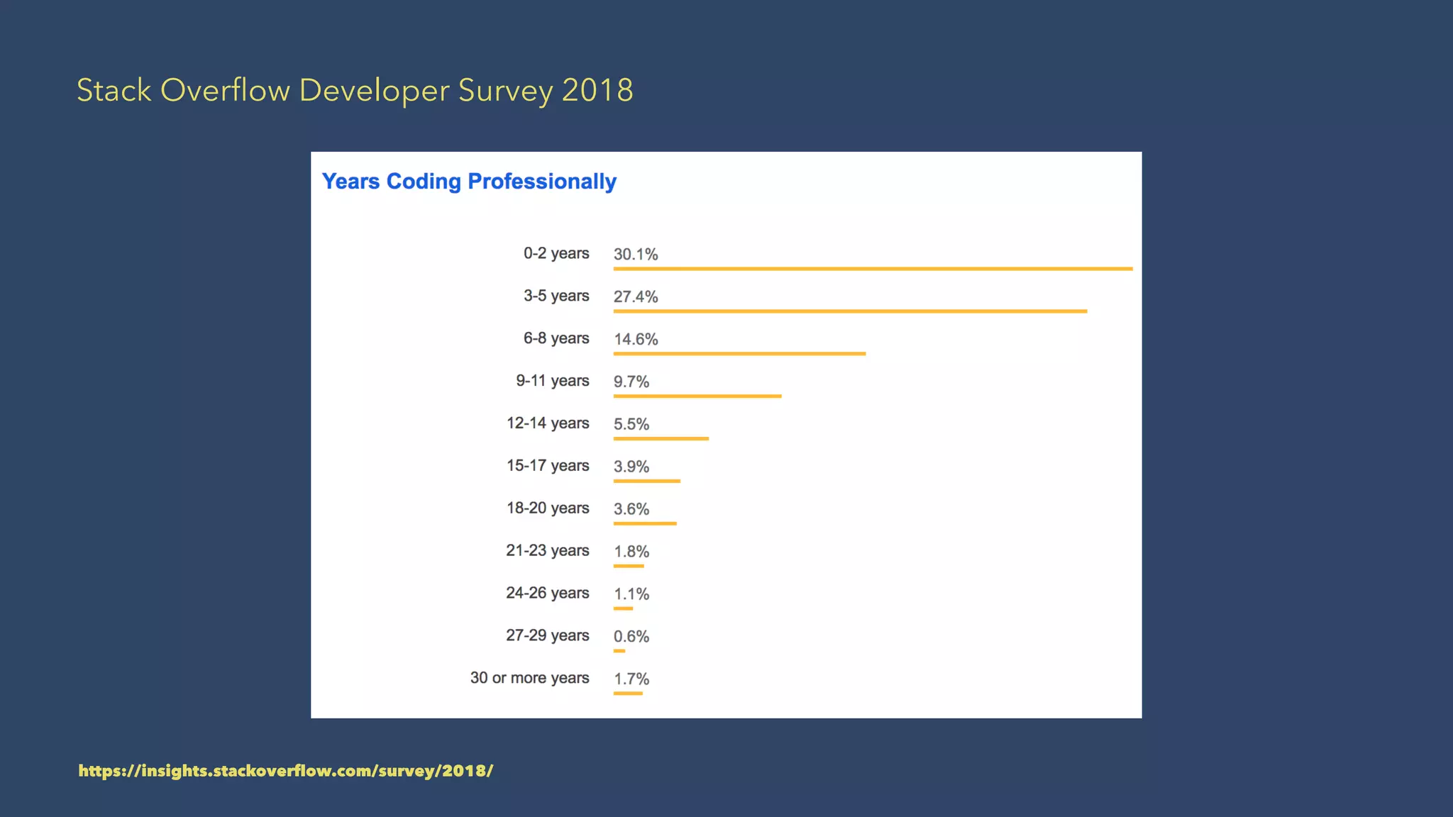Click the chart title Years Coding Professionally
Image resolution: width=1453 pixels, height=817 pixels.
(469, 182)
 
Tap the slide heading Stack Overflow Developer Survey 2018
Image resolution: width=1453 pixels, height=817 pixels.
(355, 91)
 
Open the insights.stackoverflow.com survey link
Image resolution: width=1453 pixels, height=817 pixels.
(286, 771)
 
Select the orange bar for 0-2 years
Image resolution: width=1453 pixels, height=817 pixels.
(873, 269)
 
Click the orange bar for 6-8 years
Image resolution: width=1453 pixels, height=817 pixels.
(739, 353)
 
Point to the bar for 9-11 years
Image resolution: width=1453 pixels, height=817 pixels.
(697, 396)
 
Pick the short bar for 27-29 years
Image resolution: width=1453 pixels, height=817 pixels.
(619, 650)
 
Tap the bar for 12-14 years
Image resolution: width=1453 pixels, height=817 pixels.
(661, 438)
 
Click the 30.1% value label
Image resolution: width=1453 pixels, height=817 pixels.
(636, 254)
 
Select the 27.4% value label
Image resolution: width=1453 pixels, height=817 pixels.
(636, 296)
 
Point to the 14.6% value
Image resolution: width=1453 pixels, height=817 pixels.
(636, 339)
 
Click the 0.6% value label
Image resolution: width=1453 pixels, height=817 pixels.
(631, 636)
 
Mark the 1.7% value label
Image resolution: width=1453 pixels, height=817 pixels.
(631, 679)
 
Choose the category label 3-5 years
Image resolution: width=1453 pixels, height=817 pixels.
(556, 296)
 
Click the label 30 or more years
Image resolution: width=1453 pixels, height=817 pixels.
(529, 678)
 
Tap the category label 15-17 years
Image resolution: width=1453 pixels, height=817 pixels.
(548, 465)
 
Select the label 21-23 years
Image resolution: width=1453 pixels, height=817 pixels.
(548, 550)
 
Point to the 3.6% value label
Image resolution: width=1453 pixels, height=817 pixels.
(631, 508)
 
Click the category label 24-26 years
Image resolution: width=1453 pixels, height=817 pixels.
(548, 593)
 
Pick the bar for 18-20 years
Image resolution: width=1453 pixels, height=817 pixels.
(645, 523)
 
